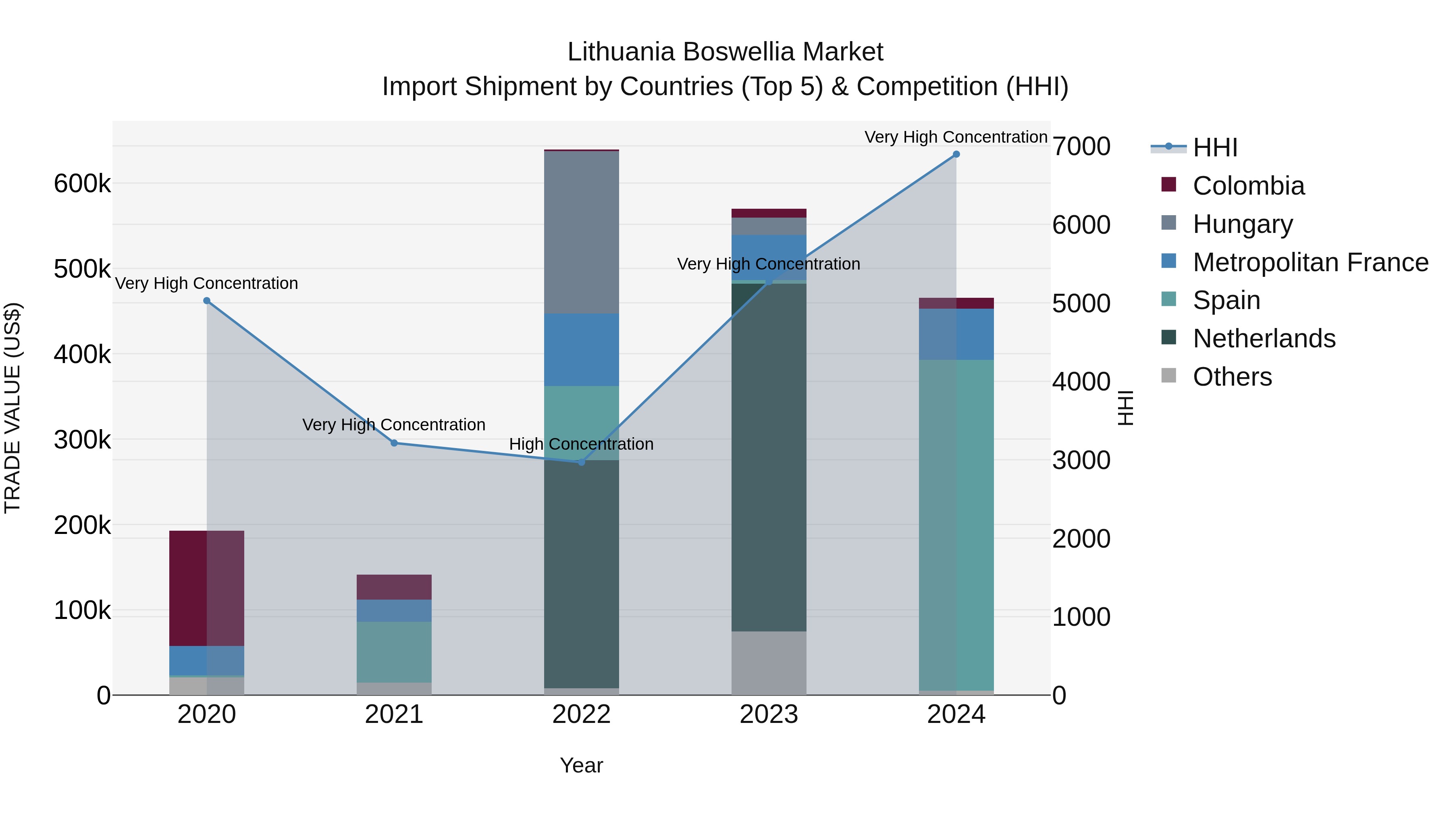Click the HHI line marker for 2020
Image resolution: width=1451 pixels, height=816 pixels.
point(207,301)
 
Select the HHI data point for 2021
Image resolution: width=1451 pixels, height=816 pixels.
point(394,443)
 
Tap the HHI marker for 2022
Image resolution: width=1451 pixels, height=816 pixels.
point(582,462)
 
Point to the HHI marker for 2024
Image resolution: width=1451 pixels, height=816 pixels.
point(956,154)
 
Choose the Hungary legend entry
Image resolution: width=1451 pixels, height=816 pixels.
point(1242,224)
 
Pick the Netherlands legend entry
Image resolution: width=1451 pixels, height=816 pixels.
point(1264,338)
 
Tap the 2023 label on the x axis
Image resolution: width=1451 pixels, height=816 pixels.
point(769,714)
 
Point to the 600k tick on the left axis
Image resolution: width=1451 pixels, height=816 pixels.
point(82,184)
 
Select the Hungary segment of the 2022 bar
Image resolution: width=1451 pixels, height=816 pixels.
point(582,232)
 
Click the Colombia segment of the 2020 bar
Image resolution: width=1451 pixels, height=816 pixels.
point(207,588)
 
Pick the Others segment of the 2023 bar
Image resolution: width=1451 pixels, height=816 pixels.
point(769,663)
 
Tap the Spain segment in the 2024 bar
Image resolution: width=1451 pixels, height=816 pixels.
point(956,525)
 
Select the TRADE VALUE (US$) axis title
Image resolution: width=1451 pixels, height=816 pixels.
point(12,408)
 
